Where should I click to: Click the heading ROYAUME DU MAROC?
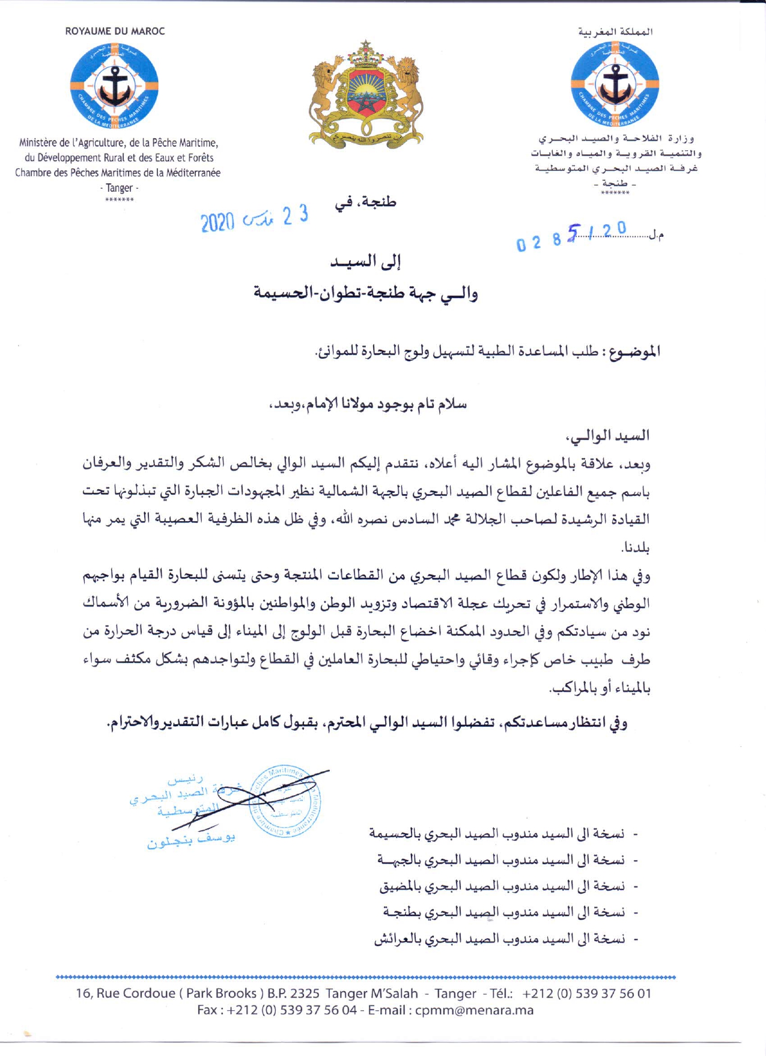coord(115,31)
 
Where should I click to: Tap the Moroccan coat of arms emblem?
coord(365,94)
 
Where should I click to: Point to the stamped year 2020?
coord(217,223)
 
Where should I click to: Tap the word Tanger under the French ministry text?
coord(119,188)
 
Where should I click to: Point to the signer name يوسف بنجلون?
coord(191,841)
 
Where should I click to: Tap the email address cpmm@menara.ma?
coord(474,1010)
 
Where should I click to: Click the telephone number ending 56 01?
coord(586,993)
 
